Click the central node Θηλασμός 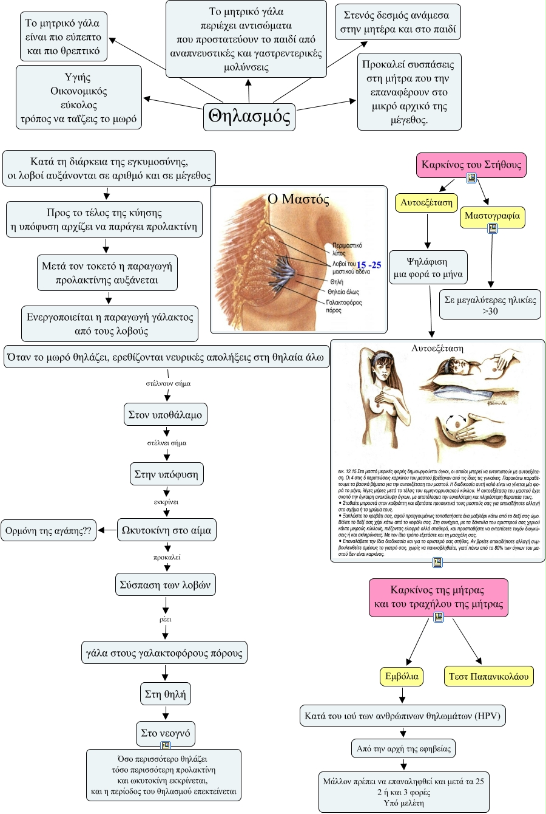click(249, 116)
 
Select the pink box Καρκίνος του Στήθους click(471, 165)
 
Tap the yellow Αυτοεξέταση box click(426, 202)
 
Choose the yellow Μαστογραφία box click(492, 216)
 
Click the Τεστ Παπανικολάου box click(488, 676)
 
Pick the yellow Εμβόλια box click(402, 676)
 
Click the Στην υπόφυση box click(166, 474)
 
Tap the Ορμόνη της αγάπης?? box click(49, 530)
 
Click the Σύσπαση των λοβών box click(166, 585)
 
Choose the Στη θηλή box click(166, 694)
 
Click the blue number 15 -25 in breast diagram click(368, 265)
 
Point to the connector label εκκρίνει click(166, 502)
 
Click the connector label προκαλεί click(167, 557)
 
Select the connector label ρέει click(166, 619)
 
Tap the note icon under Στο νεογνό click(166, 745)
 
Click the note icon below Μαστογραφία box click(493, 228)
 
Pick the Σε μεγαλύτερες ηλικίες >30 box click(490, 305)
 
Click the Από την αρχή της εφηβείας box click(403, 748)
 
